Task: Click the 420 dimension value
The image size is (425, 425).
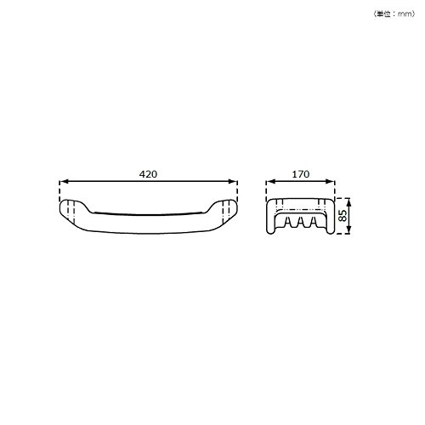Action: (148, 174)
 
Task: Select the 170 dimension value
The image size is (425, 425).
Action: (301, 174)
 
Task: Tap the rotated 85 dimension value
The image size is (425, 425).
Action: (343, 216)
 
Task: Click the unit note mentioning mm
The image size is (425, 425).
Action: (394, 14)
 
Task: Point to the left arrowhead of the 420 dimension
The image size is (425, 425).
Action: (64, 181)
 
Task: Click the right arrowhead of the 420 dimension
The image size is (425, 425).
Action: (233, 181)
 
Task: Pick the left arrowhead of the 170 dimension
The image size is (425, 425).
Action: (270, 181)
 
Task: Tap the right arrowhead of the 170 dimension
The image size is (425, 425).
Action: (331, 181)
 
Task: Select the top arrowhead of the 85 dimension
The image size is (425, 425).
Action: (348, 202)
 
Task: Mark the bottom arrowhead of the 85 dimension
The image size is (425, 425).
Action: (348, 229)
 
